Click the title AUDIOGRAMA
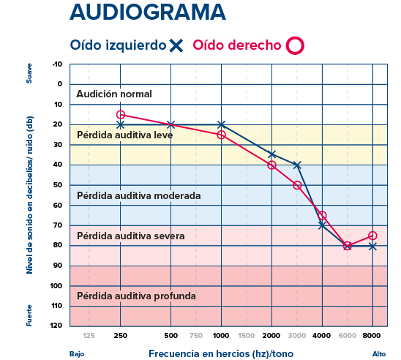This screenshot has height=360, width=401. [147, 13]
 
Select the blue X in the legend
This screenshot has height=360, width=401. [176, 45]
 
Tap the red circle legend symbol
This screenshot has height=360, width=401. [294, 45]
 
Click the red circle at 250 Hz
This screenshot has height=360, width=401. [121, 114]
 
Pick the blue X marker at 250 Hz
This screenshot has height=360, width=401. [121, 125]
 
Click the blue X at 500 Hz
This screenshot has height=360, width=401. [170, 125]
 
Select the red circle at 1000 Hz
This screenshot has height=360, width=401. [221, 135]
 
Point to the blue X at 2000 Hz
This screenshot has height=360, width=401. [271, 154]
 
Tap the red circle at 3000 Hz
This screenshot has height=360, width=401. [297, 185]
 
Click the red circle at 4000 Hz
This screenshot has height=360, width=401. [322, 215]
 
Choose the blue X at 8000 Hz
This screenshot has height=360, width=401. [372, 246]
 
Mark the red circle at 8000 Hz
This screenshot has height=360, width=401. [372, 236]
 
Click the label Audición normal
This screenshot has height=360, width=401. [114, 94]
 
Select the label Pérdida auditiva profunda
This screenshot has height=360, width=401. [136, 296]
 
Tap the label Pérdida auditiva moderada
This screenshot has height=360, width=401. [138, 196]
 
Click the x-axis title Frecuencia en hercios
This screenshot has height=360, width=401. [211, 353]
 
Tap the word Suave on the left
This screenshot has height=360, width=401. [30, 75]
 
